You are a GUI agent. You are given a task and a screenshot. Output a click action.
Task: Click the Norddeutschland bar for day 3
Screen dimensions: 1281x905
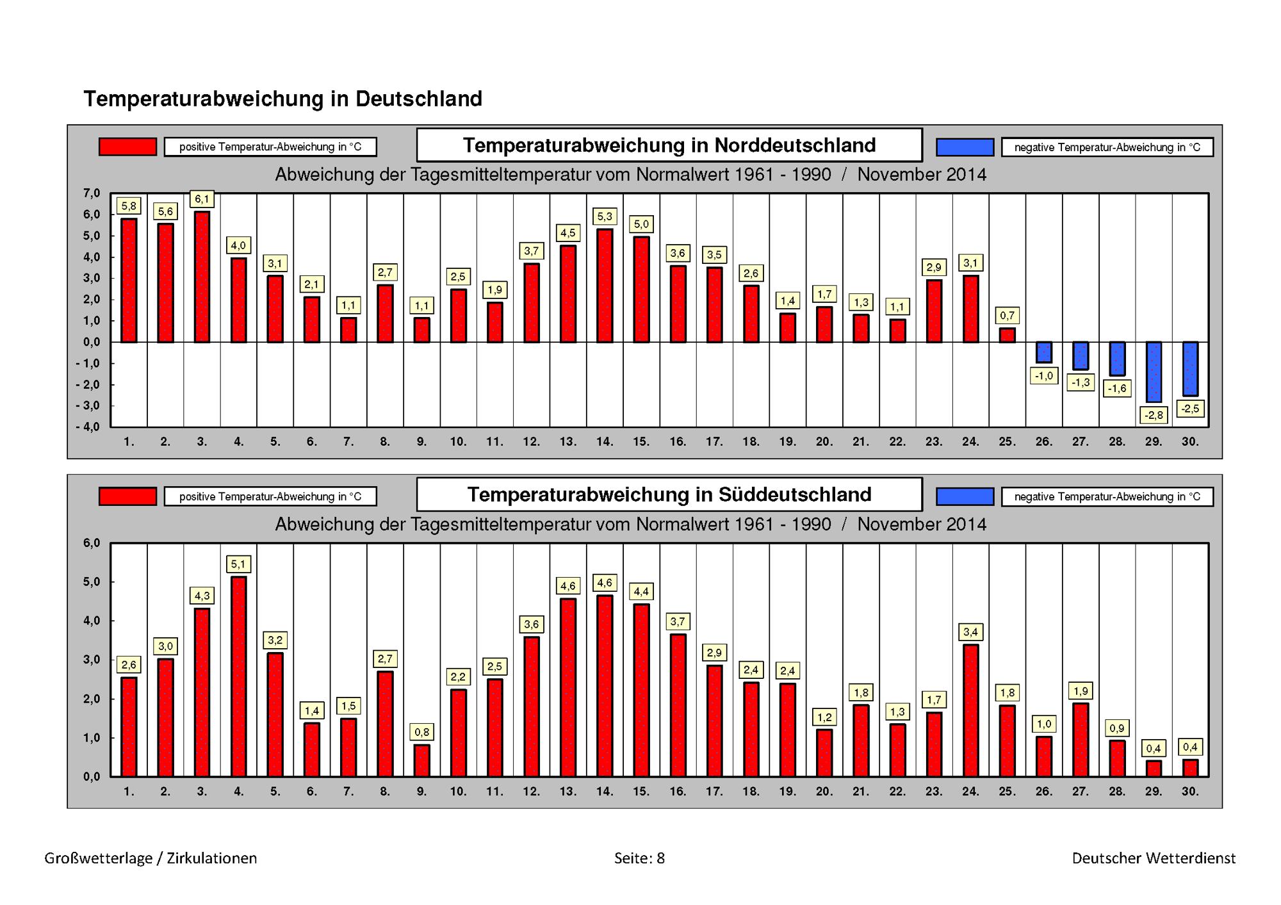point(202,277)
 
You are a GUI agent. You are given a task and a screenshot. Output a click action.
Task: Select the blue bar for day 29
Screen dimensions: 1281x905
point(1154,372)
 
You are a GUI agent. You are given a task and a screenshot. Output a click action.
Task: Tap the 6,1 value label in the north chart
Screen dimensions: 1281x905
point(202,199)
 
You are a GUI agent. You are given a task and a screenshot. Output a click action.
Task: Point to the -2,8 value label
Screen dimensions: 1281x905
point(1154,415)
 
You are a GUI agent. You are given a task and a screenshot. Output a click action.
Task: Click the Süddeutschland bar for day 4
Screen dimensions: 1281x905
point(238,676)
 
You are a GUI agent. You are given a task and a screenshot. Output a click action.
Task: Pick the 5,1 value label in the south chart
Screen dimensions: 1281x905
point(238,564)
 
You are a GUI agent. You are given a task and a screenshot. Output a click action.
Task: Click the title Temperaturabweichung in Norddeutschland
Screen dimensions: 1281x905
point(669,145)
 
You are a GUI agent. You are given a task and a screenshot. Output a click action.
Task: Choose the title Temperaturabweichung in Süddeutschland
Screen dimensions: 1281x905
point(669,494)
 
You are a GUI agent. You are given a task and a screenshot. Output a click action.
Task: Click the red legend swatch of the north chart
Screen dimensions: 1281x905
point(127,147)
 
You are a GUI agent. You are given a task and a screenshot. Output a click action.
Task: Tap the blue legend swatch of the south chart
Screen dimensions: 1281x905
point(965,496)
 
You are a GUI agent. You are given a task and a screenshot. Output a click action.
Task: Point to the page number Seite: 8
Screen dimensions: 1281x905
point(639,858)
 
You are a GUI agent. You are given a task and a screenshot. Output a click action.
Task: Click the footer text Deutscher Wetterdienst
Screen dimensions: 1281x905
point(1154,858)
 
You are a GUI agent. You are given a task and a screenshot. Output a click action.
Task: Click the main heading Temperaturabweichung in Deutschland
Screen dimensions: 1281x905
point(282,99)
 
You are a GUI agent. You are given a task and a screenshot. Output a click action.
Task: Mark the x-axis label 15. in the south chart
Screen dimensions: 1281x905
point(641,792)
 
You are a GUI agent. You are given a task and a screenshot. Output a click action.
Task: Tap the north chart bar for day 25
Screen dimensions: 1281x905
point(1007,335)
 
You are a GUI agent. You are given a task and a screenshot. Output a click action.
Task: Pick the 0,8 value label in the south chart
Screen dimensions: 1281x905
point(421,732)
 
